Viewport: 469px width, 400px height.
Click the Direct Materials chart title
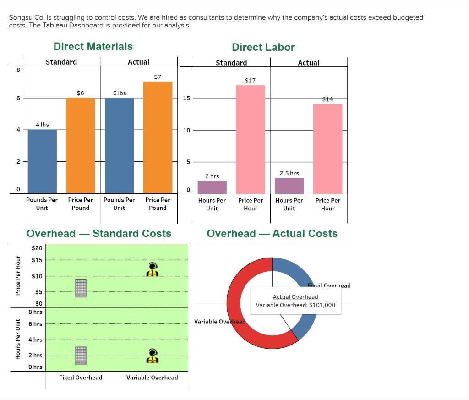pyautogui.click(x=93, y=46)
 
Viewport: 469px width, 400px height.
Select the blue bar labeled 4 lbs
pyautogui.click(x=42, y=161)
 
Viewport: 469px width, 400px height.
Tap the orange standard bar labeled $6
pyautogui.click(x=81, y=145)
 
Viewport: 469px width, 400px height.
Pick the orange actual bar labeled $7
pyautogui.click(x=158, y=137)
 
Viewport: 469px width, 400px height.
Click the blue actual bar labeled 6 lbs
pyautogui.click(x=119, y=145)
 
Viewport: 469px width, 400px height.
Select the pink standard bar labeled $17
pyautogui.click(x=250, y=139)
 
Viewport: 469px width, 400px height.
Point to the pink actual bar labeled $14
pyautogui.click(x=327, y=148)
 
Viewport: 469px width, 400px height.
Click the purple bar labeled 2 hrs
pyautogui.click(x=212, y=187)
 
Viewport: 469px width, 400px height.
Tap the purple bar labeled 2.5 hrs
pyautogui.click(x=289, y=186)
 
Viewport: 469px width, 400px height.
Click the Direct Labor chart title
pyautogui.click(x=263, y=47)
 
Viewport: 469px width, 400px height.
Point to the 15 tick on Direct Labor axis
pyautogui.click(x=186, y=98)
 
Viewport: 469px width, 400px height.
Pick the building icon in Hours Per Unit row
pyautogui.click(x=81, y=355)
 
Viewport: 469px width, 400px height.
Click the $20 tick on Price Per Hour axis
pyautogui.click(x=37, y=248)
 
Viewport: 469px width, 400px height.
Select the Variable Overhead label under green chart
pyautogui.click(x=152, y=378)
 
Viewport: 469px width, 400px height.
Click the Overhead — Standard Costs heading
pyautogui.click(x=99, y=233)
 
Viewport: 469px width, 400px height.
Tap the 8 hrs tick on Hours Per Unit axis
pyautogui.click(x=35, y=312)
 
